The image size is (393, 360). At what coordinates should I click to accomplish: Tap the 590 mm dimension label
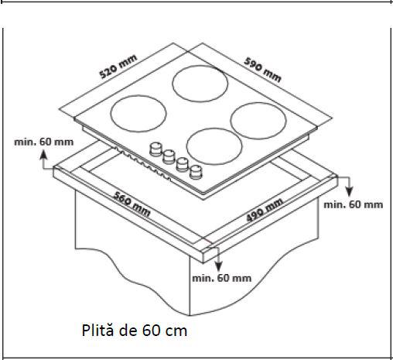point(262,67)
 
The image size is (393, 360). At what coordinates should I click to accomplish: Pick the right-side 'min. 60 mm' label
point(353,204)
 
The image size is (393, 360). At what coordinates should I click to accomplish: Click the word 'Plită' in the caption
point(99,331)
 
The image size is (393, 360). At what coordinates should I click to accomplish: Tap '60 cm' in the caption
point(164,331)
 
